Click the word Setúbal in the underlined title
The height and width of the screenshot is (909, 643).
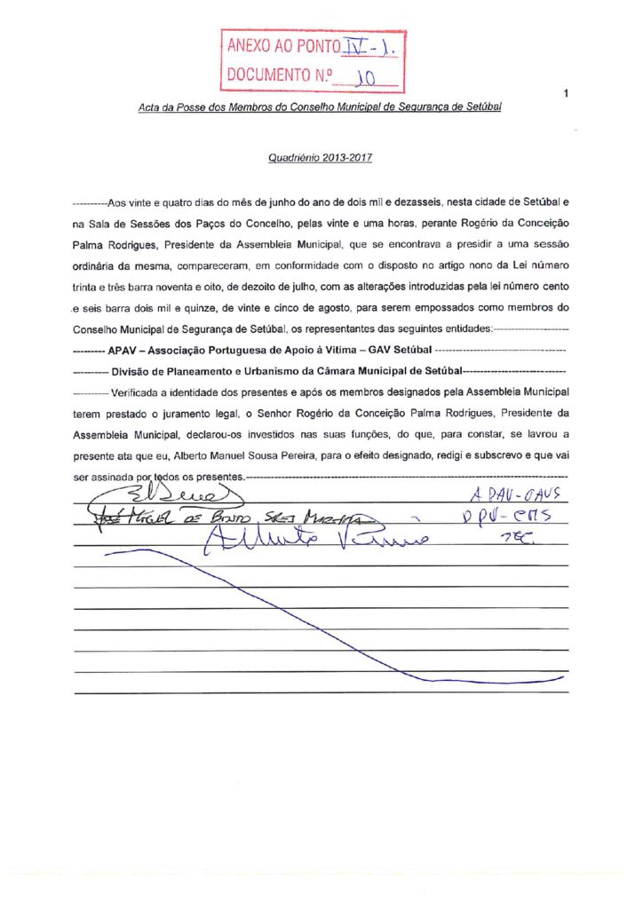[x=483, y=107]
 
